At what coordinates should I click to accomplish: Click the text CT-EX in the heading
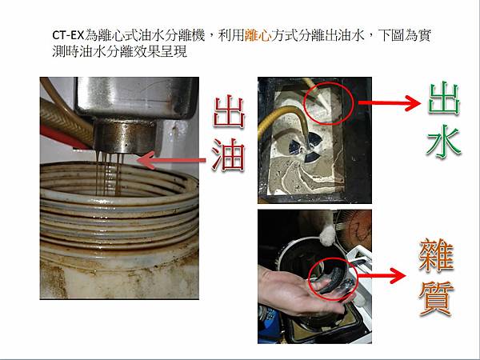click(68, 35)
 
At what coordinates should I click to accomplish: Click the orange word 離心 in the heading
click(258, 35)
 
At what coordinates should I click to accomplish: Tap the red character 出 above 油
click(229, 111)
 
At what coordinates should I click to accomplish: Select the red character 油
click(228, 154)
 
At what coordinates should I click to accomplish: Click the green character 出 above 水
click(444, 98)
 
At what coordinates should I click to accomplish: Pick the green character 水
click(444, 142)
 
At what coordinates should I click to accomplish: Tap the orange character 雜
click(437, 255)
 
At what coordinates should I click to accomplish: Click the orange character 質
click(437, 298)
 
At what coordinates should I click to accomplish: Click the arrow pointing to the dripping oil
click(171, 160)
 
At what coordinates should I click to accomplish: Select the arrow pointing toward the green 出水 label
click(390, 102)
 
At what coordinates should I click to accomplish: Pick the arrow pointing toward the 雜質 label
click(381, 275)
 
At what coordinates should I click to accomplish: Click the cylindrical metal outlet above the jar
click(125, 137)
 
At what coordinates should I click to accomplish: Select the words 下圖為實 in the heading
click(405, 35)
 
